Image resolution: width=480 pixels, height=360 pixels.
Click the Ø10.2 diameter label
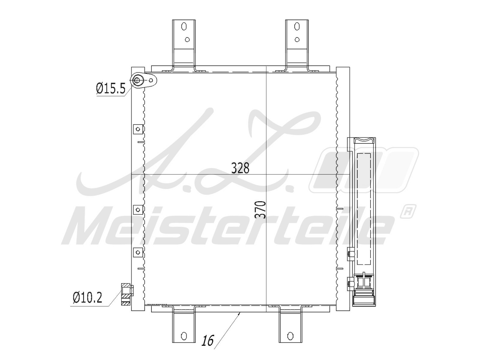(88, 298)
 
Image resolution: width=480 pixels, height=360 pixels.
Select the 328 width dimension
(240, 168)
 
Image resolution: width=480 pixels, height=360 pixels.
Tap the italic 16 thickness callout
(208, 340)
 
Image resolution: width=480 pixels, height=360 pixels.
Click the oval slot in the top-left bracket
(184, 27)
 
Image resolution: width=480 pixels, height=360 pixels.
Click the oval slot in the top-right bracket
(297, 26)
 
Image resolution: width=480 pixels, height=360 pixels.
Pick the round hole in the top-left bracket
(187, 40)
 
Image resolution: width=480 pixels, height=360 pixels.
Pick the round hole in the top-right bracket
(297, 40)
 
